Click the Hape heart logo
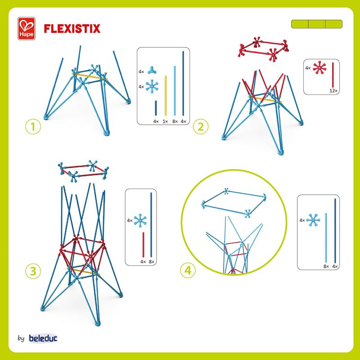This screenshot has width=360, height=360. coord(27,28)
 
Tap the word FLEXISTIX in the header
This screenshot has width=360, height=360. coord(72,29)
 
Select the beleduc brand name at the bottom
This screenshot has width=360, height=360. coord(43,338)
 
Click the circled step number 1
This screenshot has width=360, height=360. coord(33,126)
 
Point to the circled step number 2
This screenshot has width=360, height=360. coord(201,126)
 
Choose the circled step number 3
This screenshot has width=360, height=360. coord(33,271)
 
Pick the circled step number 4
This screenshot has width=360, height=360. coord(188,270)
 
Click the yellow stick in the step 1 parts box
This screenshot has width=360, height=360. coord(166,95)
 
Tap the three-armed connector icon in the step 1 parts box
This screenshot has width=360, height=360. coord(152,70)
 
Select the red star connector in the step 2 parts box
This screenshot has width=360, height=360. coord(319,68)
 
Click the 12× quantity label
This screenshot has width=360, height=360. coord(333,91)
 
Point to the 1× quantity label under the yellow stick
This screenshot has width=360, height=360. coord(165,121)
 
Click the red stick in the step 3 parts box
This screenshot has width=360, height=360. coord(143,245)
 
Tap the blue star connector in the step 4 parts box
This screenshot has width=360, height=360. coord(313,220)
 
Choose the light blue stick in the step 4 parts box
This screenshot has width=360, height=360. coord(326,238)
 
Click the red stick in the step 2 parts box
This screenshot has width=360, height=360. coord(333,75)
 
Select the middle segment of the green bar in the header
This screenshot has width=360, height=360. coord(317,24)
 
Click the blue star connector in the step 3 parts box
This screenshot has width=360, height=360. coord(140,220)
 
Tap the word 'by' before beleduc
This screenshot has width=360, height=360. coord(21,338)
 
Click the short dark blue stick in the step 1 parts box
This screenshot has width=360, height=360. coord(156,108)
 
